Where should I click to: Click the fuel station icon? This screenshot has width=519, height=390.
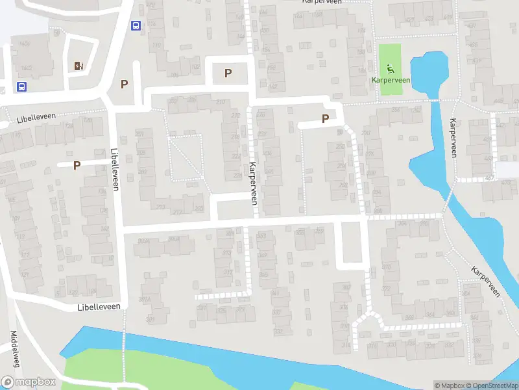coord(78,65)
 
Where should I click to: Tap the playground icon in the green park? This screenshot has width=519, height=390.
coord(390,69)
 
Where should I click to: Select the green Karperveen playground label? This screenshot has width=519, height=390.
coord(390,79)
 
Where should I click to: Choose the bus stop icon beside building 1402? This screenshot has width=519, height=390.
coord(21,87)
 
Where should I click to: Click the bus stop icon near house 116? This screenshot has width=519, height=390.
coord(136,26)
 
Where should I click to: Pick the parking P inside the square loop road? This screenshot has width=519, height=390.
coord(228,73)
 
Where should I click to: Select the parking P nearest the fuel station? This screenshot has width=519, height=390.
coord(124,83)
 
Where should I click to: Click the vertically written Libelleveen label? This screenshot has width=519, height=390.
coord(115,168)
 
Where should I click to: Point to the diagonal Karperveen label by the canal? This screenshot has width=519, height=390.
coord(485,281)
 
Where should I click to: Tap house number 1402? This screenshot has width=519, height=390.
coord(26,68)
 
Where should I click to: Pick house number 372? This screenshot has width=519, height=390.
coord(386,288)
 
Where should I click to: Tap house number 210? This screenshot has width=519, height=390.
coord(220,102)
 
